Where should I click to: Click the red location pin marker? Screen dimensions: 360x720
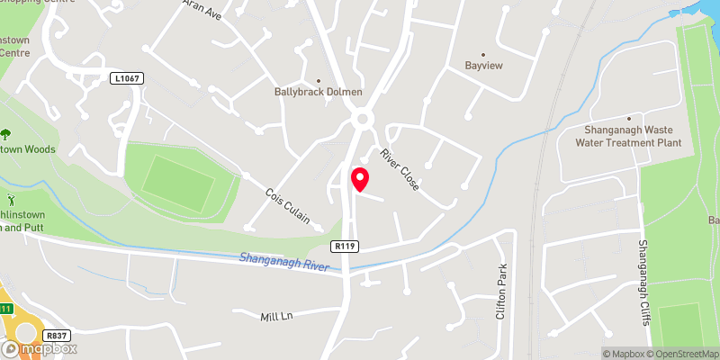pos(359,179)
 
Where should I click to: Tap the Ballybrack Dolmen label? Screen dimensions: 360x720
pos(319,92)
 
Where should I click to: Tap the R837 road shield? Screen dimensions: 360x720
pos(56,336)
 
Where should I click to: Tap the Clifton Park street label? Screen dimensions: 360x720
pos(501,292)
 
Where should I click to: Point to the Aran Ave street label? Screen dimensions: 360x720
pos(202,9)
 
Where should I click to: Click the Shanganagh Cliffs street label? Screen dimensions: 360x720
pos(643,278)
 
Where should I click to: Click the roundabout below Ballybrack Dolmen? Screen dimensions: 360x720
pos(363,119)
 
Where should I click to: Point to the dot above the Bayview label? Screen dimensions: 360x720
pos(483,54)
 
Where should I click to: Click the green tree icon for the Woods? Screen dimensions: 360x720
pos(6,134)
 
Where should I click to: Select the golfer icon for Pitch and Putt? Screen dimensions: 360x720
pos(11,198)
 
